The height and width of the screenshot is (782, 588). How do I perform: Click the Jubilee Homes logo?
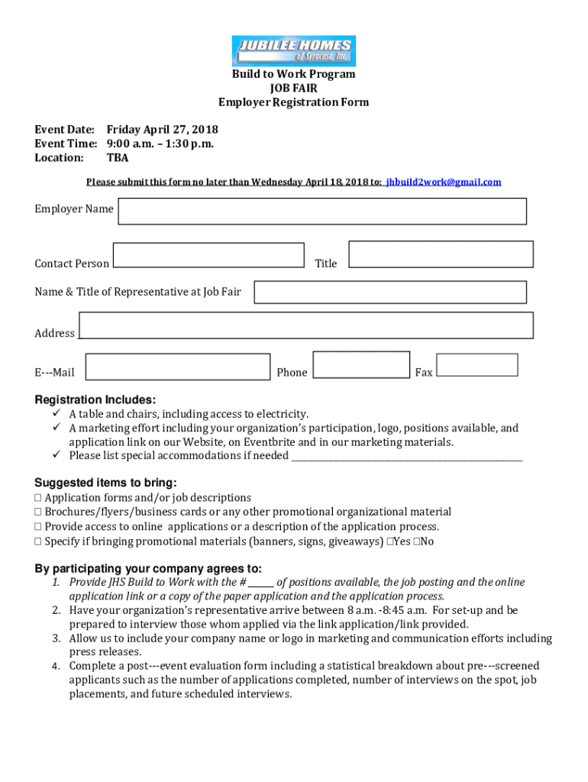point(293,51)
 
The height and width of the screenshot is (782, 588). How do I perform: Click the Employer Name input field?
point(321,212)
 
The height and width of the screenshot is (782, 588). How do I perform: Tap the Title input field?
point(441,254)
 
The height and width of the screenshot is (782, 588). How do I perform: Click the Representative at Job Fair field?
point(389,292)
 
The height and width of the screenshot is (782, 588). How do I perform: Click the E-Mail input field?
point(177,367)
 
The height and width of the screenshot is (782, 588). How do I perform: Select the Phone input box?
point(361,365)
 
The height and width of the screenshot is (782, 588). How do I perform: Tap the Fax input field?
point(477,365)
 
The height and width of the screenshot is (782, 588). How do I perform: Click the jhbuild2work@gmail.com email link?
point(444,182)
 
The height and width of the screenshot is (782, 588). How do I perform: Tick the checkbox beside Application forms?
point(38,498)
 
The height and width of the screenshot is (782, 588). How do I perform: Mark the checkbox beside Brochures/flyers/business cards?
point(38,512)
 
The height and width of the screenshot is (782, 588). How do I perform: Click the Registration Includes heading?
point(95,399)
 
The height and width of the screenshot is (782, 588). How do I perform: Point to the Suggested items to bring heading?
point(105,483)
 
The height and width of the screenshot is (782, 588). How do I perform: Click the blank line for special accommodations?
point(407,457)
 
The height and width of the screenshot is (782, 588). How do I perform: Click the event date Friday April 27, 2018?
point(162,129)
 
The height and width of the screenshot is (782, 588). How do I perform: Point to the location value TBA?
point(118,158)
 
